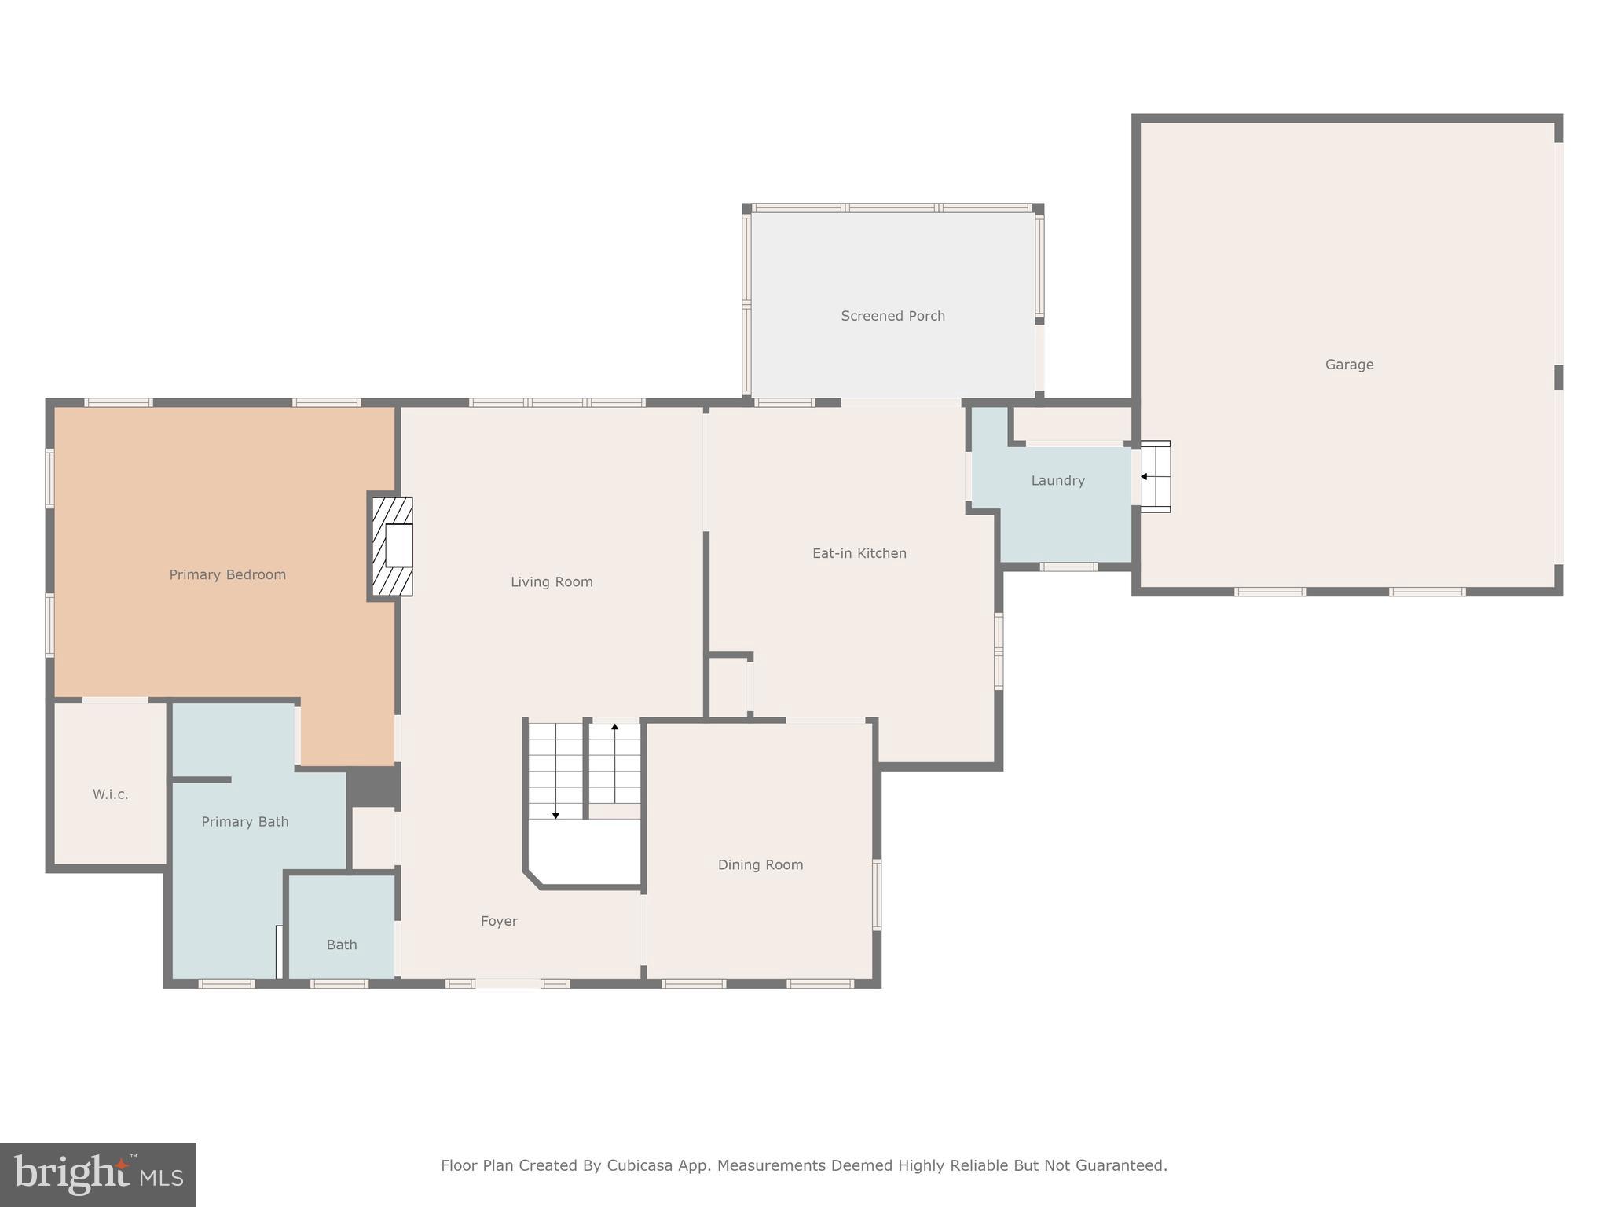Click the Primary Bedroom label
click(227, 574)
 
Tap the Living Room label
click(552, 581)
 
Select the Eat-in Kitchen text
click(859, 553)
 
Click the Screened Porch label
click(892, 316)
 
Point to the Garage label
click(1349, 365)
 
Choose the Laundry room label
click(1057, 480)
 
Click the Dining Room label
click(760, 864)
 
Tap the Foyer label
click(499, 921)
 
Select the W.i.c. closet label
click(110, 794)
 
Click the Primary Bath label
click(245, 821)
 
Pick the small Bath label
click(342, 945)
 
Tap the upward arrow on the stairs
click(614, 728)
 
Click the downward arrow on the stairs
click(555, 814)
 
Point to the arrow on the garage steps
click(1145, 476)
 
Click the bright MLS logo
click(98, 1174)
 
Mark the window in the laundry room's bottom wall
click(1068, 567)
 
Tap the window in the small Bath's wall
click(339, 983)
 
